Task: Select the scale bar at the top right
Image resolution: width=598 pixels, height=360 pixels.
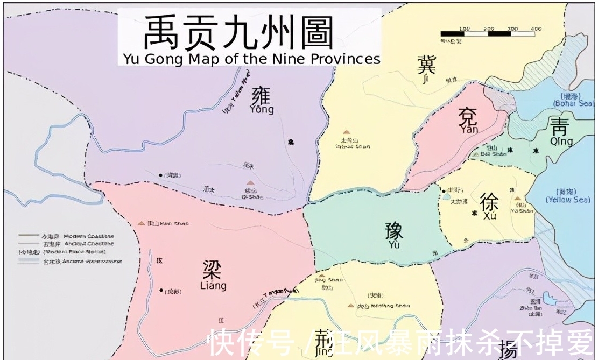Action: pos(488,33)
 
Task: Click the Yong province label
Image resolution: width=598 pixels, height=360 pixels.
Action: pos(262,100)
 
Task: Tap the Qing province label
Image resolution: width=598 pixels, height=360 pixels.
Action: pos(560,131)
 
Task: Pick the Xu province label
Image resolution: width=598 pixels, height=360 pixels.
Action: pos(489,206)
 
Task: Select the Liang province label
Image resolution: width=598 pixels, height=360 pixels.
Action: pos(214,274)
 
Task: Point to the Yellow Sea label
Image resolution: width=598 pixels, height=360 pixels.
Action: pos(567,196)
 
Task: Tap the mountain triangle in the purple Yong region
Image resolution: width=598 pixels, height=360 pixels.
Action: pos(249,183)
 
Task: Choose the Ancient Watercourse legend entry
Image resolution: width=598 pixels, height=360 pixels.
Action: pos(70,262)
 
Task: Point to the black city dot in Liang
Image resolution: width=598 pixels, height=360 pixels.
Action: pos(161,291)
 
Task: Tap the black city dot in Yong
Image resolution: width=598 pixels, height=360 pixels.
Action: pos(160,175)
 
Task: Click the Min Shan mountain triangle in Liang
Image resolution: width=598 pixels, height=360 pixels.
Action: pos(141,223)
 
